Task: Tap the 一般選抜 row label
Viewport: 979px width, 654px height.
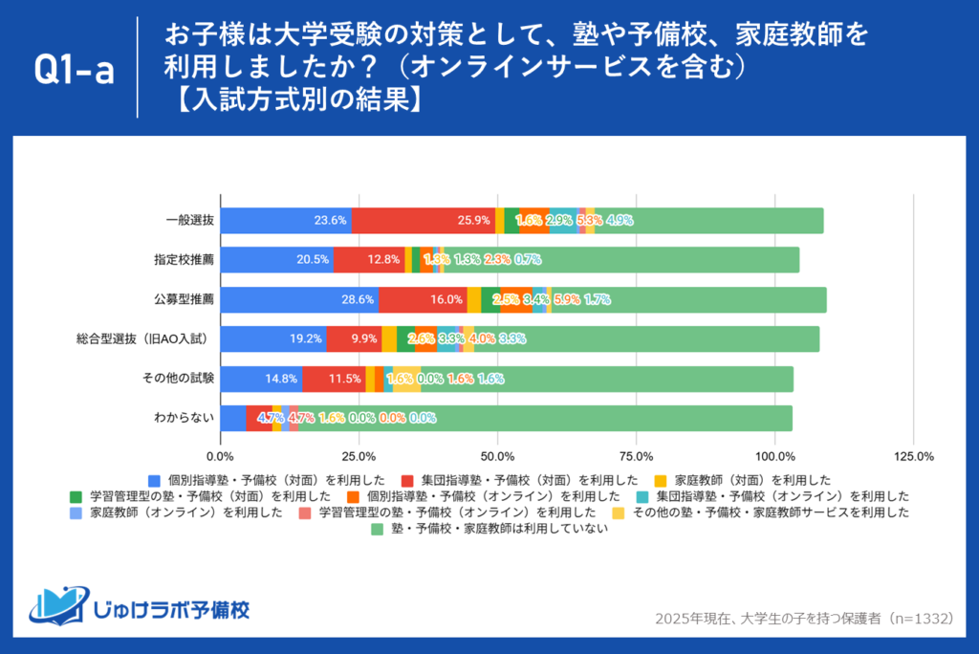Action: tap(189, 220)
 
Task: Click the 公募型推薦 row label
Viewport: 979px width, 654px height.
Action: tap(184, 299)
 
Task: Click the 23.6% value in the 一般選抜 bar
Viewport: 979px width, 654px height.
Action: tap(330, 220)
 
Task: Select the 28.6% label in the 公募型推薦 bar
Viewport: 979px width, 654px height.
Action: tap(357, 299)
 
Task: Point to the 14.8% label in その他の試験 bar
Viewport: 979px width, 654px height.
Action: tap(281, 379)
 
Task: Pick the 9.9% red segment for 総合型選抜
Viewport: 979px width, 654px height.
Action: tap(364, 338)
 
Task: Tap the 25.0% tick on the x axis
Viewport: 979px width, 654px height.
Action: tap(359, 455)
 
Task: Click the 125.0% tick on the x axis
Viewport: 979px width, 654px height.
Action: tap(912, 455)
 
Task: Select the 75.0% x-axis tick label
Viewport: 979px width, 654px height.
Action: tap(636, 455)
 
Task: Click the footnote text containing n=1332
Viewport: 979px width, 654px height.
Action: tap(804, 619)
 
